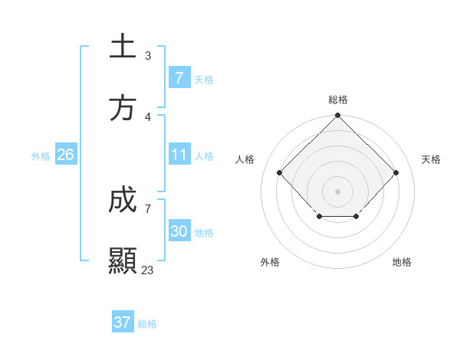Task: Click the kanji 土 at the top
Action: pyautogui.click(x=123, y=47)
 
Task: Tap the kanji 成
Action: pyautogui.click(x=123, y=201)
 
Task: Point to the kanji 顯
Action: pyautogui.click(x=123, y=261)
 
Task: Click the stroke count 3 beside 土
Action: pyautogui.click(x=148, y=56)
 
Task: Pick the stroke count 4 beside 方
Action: pyautogui.click(x=148, y=117)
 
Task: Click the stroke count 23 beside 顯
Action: pyautogui.click(x=148, y=270)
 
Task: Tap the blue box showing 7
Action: pyautogui.click(x=179, y=78)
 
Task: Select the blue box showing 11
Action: pyautogui.click(x=179, y=155)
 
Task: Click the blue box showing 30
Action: pyautogui.click(x=179, y=231)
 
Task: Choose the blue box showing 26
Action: pyautogui.click(x=65, y=155)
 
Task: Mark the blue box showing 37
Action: pyautogui.click(x=122, y=322)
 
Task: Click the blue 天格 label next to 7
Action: pyautogui.click(x=204, y=80)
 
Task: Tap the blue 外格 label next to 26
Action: pyautogui.click(x=41, y=156)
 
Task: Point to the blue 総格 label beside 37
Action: pyautogui.click(x=147, y=324)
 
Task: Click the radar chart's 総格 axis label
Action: pyautogui.click(x=337, y=100)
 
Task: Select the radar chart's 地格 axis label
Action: pyautogui.click(x=402, y=262)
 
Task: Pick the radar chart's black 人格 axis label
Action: pyautogui.click(x=245, y=159)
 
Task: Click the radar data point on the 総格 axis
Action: pyautogui.click(x=337, y=116)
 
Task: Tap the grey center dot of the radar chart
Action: pyautogui.click(x=337, y=191)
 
